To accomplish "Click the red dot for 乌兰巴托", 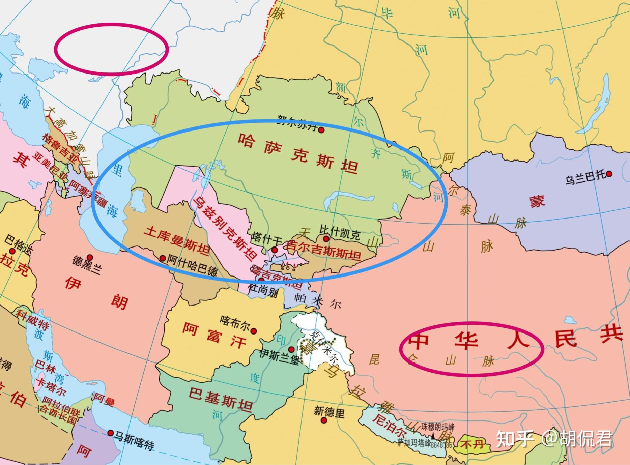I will point(609,174).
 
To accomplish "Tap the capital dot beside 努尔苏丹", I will point(321,130).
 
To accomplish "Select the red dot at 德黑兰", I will point(90,257).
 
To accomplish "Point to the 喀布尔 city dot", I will point(253,331).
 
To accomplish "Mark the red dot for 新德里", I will point(324,420).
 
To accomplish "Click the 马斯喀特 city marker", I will point(111,433).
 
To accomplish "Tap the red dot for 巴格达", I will point(12,251).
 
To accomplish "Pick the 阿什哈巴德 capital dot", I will point(162,259).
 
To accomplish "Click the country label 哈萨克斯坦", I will point(298,153).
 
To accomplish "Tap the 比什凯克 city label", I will point(339,233).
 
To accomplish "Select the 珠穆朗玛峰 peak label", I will point(437,427).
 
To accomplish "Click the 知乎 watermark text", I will point(515,439).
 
